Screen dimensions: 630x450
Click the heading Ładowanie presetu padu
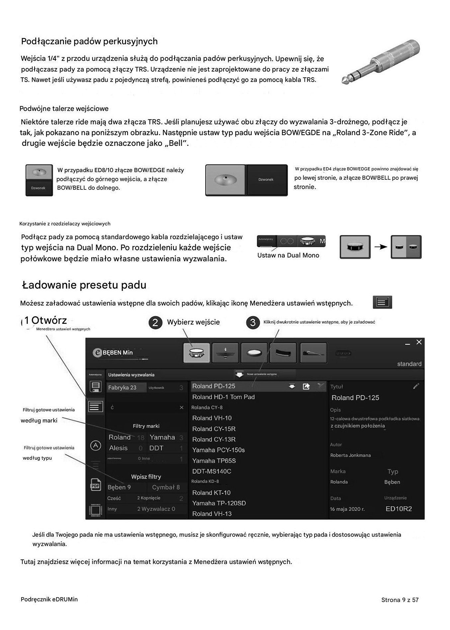[x=84, y=285]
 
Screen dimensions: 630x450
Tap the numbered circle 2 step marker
[x=155, y=322]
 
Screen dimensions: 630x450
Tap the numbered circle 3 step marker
[x=253, y=322]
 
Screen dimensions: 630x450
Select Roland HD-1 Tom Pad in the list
[x=223, y=397]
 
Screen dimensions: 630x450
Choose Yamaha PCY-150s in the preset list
[x=218, y=450]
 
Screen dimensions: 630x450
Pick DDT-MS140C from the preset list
[x=212, y=471]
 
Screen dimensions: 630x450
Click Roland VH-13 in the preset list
[x=212, y=514]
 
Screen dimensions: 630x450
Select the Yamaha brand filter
[x=162, y=437]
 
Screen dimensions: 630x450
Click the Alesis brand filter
[x=118, y=448]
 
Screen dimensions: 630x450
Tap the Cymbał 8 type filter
[x=166, y=487]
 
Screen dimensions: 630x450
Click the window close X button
[x=419, y=342]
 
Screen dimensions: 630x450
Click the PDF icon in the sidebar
[x=96, y=485]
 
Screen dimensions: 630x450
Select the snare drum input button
[x=197, y=353]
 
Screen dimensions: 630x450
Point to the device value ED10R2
[x=399, y=509]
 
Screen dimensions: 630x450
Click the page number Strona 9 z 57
[x=400, y=600]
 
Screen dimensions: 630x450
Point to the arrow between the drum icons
[x=381, y=247]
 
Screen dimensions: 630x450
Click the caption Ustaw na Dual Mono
[x=288, y=255]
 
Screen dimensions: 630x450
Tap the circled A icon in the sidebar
[x=96, y=446]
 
